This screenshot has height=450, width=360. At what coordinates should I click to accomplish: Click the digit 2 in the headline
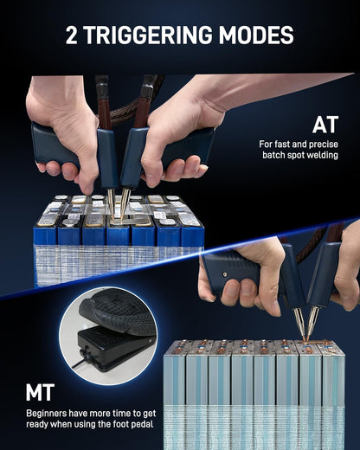coord(72,35)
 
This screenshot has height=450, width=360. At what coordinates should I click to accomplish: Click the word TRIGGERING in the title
coord(148,35)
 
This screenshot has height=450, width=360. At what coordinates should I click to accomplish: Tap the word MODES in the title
coord(256,35)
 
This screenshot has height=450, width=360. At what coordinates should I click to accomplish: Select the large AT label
coord(325,125)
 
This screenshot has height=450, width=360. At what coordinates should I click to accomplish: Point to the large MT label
coord(40,392)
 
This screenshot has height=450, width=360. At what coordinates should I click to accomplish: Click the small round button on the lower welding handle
coord(223,274)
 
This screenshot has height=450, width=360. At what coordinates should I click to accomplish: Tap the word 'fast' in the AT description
coord(282,144)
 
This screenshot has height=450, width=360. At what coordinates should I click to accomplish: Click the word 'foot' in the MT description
coord(121,424)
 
